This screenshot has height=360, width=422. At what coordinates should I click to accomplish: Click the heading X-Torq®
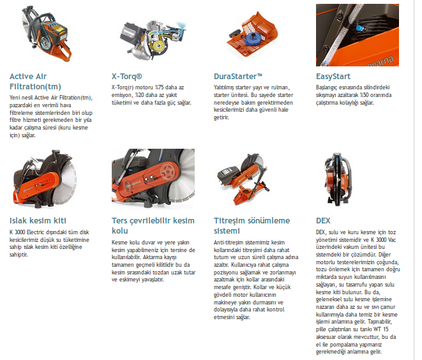pyautogui.click(x=127, y=77)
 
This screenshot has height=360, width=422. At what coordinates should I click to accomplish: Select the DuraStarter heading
pyautogui.click(x=238, y=77)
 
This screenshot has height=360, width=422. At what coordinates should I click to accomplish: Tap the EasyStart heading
pyautogui.click(x=333, y=77)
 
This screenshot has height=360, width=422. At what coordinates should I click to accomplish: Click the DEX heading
pyautogui.click(x=323, y=221)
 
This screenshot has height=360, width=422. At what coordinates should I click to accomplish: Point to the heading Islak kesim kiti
pyautogui.click(x=38, y=221)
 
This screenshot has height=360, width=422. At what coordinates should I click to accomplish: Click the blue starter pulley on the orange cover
pyautogui.click(x=252, y=39)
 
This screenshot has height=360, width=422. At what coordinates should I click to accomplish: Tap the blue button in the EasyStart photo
pyautogui.click(x=359, y=28)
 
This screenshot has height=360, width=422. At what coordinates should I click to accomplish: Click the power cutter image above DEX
pyautogui.click(x=338, y=179)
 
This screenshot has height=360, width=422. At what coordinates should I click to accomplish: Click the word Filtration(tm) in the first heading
pyautogui.click(x=35, y=87)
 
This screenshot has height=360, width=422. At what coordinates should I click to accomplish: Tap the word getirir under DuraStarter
pyautogui.click(x=222, y=117)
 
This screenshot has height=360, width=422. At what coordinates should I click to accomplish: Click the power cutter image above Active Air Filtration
pyautogui.click(x=47, y=34)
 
